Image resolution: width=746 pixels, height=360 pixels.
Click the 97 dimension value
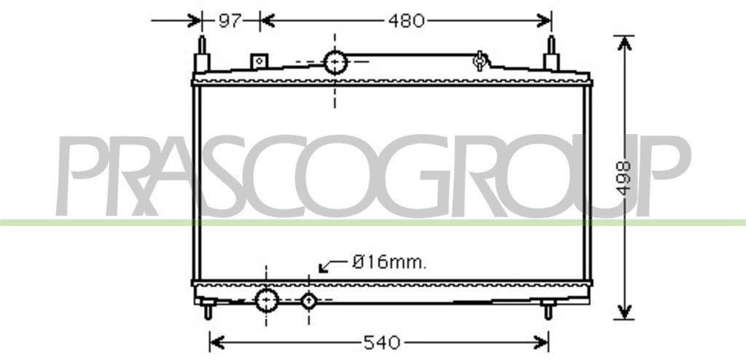pos(230,21)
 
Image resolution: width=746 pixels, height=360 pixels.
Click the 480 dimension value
pos(406,21)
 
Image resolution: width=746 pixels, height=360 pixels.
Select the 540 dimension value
pos(382,343)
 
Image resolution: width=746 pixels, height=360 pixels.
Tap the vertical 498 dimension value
pos(624,177)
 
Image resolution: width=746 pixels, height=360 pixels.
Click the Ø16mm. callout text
pos(389,262)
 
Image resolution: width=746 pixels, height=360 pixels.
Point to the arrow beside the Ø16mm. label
pos(334,266)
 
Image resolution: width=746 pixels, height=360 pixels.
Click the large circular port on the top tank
pos(335,63)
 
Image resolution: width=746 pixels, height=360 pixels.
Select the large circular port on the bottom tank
pos(267,300)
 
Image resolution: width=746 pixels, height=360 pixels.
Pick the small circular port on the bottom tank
pos(309,300)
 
